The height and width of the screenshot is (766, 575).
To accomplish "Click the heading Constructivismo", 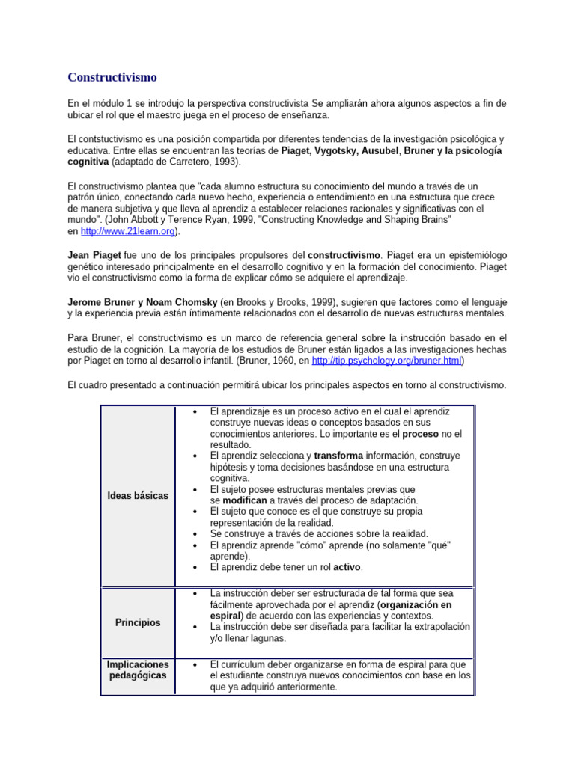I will pyautogui.click(x=112, y=77).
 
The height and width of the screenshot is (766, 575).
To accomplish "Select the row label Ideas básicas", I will pyautogui.click(x=138, y=496).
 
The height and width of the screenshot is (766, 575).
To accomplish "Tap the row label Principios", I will pyautogui.click(x=138, y=622).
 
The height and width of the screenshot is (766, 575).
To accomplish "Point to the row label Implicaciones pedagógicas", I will pyautogui.click(x=138, y=670).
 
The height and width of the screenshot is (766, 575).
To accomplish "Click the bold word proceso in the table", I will pyautogui.click(x=420, y=433).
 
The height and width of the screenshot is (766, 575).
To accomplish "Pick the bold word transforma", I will pyautogui.click(x=338, y=456).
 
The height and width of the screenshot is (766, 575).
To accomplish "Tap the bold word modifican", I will pyautogui.click(x=247, y=500).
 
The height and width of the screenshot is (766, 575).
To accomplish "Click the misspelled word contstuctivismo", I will pyautogui.click(x=113, y=139).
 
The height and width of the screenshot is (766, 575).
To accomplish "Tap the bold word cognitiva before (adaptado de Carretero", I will pyautogui.click(x=88, y=162).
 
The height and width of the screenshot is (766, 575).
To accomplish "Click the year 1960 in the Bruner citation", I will pyautogui.click(x=280, y=361).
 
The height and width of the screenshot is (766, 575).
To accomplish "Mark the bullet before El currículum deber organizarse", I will pyautogui.click(x=195, y=664).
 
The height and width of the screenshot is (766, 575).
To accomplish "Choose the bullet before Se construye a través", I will pyautogui.click(x=195, y=533).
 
